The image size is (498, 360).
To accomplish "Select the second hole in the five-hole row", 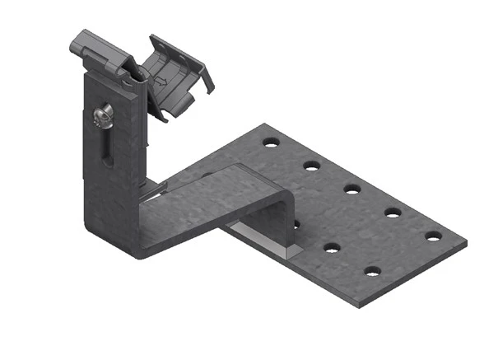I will (311, 166).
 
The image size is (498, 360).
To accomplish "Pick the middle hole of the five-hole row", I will (352, 189).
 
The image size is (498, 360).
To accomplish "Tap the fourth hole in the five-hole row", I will (393, 212).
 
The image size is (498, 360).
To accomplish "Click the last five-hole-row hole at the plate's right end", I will (433, 236).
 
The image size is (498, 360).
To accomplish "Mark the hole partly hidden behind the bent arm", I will (295, 223).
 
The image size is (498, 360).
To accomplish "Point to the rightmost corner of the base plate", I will (466, 245).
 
